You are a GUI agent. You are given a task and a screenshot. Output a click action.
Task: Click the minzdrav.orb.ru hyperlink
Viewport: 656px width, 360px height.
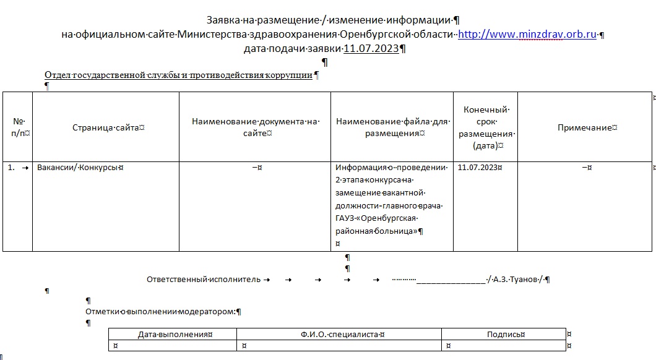527,35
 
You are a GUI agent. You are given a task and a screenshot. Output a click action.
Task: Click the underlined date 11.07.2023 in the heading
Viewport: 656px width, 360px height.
371,48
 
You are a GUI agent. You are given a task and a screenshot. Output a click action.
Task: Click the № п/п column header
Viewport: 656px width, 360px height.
18,127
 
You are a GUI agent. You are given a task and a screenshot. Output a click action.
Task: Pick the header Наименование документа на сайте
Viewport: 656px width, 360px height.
255,127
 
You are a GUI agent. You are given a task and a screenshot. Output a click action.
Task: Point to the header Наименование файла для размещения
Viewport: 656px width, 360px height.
392,127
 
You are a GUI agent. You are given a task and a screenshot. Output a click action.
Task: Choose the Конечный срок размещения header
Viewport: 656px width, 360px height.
485,127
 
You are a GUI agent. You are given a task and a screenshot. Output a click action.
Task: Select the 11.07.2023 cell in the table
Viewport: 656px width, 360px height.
478,167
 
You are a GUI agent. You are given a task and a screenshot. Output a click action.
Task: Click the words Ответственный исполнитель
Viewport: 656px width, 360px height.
204,280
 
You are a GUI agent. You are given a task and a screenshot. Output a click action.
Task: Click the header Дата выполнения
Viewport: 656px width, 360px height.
173,334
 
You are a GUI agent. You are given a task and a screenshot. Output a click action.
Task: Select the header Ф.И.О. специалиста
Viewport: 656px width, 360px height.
339,334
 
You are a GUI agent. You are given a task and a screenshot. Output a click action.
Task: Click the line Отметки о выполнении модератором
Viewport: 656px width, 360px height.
160,311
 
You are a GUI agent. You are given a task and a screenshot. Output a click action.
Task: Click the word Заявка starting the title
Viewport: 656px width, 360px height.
222,20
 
